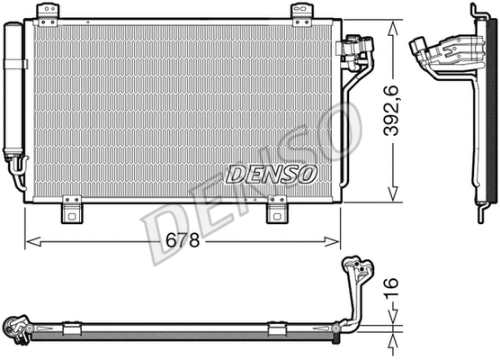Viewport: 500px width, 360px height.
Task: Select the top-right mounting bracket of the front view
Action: click(x=300, y=12)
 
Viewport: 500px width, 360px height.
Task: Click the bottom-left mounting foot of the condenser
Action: click(x=72, y=213)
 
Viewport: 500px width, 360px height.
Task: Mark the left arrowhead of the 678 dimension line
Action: click(x=30, y=239)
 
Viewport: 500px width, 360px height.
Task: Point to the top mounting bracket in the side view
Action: click(x=474, y=12)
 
